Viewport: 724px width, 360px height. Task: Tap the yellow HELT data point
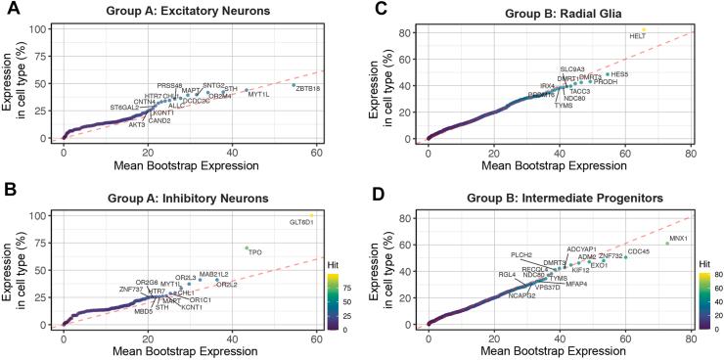[644, 29]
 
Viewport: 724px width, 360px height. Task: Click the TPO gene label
[256, 252]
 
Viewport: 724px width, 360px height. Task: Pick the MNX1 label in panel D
[679, 238]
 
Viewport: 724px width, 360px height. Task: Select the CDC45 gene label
[639, 251]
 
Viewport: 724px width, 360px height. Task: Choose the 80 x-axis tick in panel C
[691, 151]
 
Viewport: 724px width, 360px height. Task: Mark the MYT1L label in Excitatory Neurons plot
[259, 95]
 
